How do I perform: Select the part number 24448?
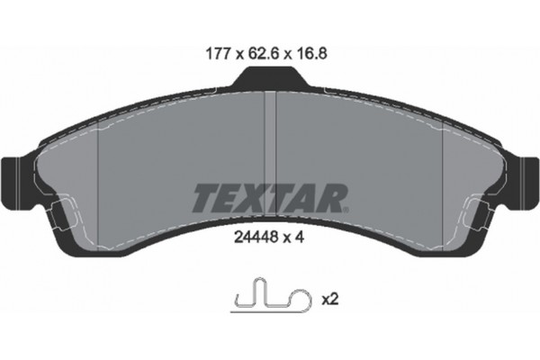pos(247,237)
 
